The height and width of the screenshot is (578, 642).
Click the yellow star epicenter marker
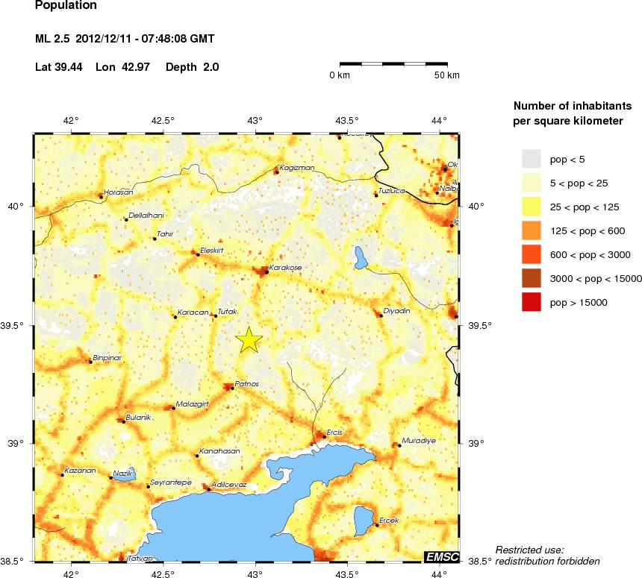(x=249, y=339)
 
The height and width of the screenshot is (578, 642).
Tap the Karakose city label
(x=284, y=266)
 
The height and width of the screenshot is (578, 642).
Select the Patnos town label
(x=246, y=384)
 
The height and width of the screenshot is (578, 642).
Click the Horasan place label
(x=118, y=192)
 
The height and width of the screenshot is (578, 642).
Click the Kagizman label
(x=296, y=168)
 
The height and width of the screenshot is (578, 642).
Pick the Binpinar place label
(x=107, y=357)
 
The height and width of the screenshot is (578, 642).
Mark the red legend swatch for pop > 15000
(x=531, y=302)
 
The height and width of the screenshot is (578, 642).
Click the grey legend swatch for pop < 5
(x=531, y=159)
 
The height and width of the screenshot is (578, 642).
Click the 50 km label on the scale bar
(x=446, y=76)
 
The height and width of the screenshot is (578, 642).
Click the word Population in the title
(x=66, y=5)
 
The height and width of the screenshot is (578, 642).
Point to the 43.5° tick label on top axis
(x=346, y=120)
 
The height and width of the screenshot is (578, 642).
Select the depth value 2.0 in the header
(x=211, y=67)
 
